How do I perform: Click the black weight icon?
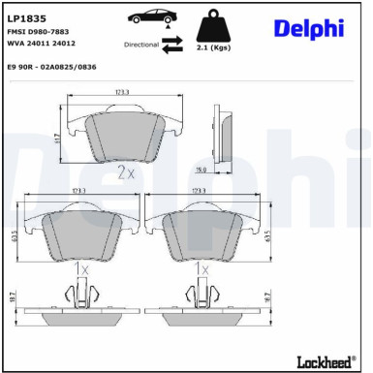pos(214,25)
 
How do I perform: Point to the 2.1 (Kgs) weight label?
pos(213,47)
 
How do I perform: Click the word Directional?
pos(141,45)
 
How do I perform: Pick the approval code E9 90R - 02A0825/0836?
pos(55,67)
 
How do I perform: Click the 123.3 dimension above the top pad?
pos(122,92)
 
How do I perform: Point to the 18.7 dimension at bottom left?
pos(11,301)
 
